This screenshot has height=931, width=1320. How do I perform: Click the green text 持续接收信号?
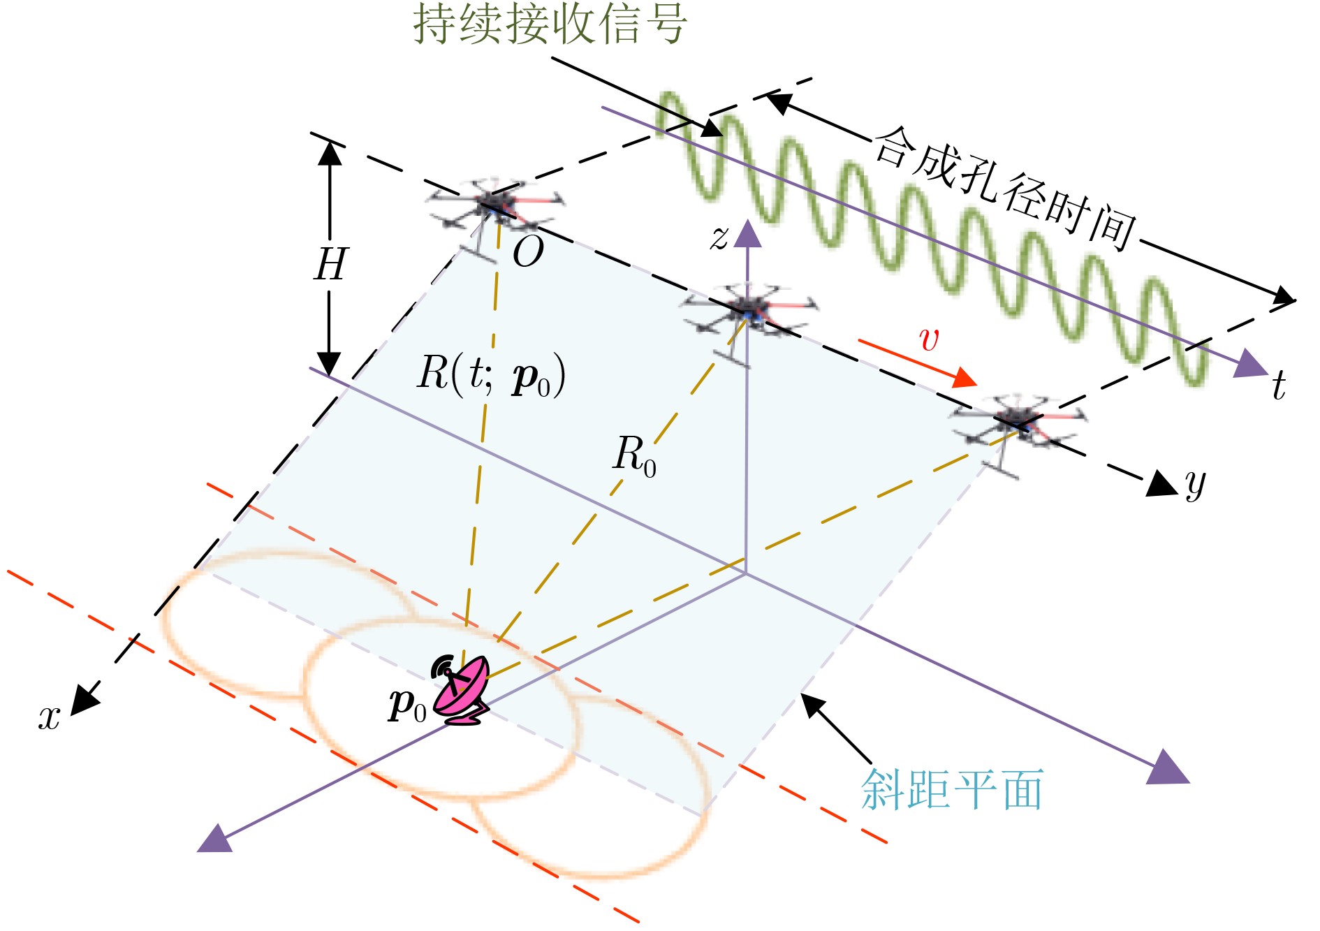tap(550, 24)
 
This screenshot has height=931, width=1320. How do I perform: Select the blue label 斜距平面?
tap(951, 790)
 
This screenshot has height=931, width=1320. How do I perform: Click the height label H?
tap(330, 265)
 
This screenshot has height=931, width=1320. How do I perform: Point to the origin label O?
tap(527, 252)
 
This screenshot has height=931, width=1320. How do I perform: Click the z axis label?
tap(719, 237)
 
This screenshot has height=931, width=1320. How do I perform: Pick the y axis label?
tap(1195, 483)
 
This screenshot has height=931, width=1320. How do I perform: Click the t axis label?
tap(1278, 386)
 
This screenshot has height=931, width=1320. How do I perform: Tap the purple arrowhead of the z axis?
tap(747, 233)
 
